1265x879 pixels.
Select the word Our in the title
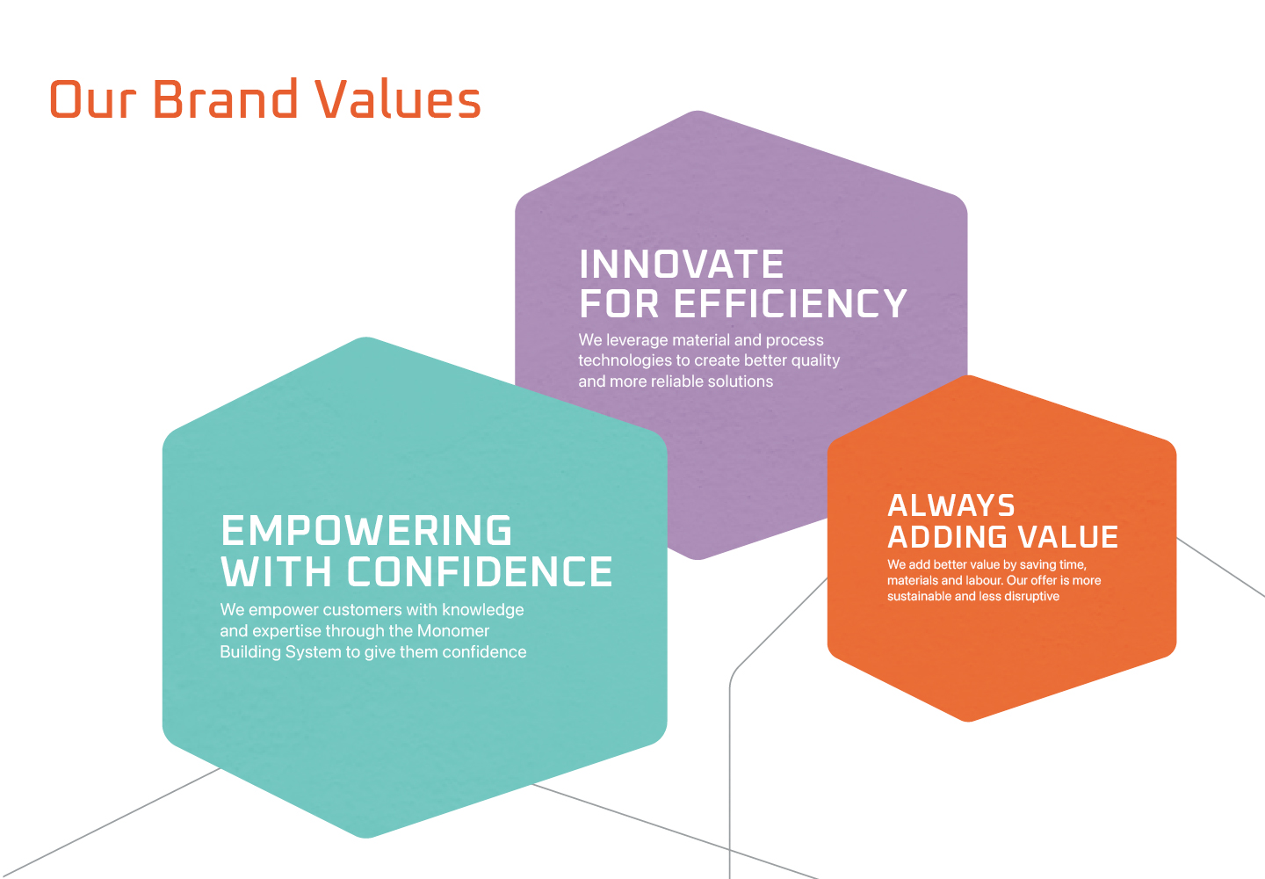tap(93, 99)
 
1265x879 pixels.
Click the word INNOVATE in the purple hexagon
tap(682, 264)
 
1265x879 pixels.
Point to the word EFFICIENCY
tap(792, 303)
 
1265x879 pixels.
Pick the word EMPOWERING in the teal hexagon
tap(366, 530)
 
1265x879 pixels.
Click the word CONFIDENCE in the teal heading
tap(480, 571)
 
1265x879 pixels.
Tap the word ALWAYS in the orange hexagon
tap(951, 505)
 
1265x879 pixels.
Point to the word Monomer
tap(453, 630)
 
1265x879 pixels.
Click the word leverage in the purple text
tap(636, 341)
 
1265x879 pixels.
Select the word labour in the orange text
tap(984, 580)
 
